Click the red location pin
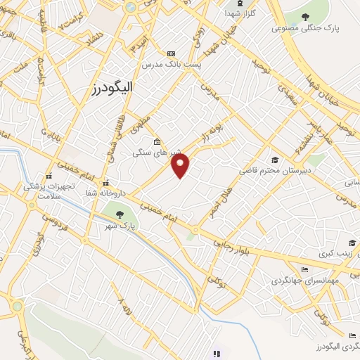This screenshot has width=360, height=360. pyautogui.click(x=181, y=166)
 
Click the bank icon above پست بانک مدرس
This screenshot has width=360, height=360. pyautogui.click(x=171, y=53)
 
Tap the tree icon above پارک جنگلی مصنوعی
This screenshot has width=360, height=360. pyautogui.click(x=304, y=17)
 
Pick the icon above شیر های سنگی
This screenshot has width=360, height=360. pyautogui.click(x=157, y=141)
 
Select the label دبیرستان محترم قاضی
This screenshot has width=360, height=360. pyautogui.click(x=274, y=171)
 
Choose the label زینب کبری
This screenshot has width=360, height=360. pyautogui.click(x=333, y=252)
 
